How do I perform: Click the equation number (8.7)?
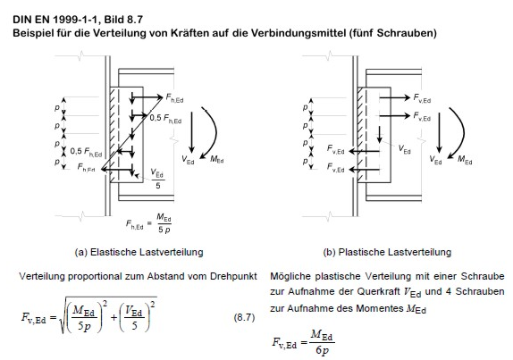(244, 317)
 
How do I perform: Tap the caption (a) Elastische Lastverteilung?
(139, 252)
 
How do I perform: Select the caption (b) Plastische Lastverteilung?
(387, 252)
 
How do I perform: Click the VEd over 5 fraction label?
(158, 179)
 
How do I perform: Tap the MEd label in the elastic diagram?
(217, 159)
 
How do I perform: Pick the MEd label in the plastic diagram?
(465, 160)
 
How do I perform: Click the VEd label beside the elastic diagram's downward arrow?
(188, 160)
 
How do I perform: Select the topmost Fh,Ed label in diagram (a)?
(174, 97)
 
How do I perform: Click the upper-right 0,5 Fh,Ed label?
(165, 118)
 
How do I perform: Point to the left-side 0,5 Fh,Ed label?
(86, 151)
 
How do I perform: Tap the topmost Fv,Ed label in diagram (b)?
(422, 97)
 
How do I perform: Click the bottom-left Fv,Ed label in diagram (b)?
(336, 167)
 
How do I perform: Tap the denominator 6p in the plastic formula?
(322, 350)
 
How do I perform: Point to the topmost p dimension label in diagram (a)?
(57, 107)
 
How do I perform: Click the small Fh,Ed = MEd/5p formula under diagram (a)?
(148, 223)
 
